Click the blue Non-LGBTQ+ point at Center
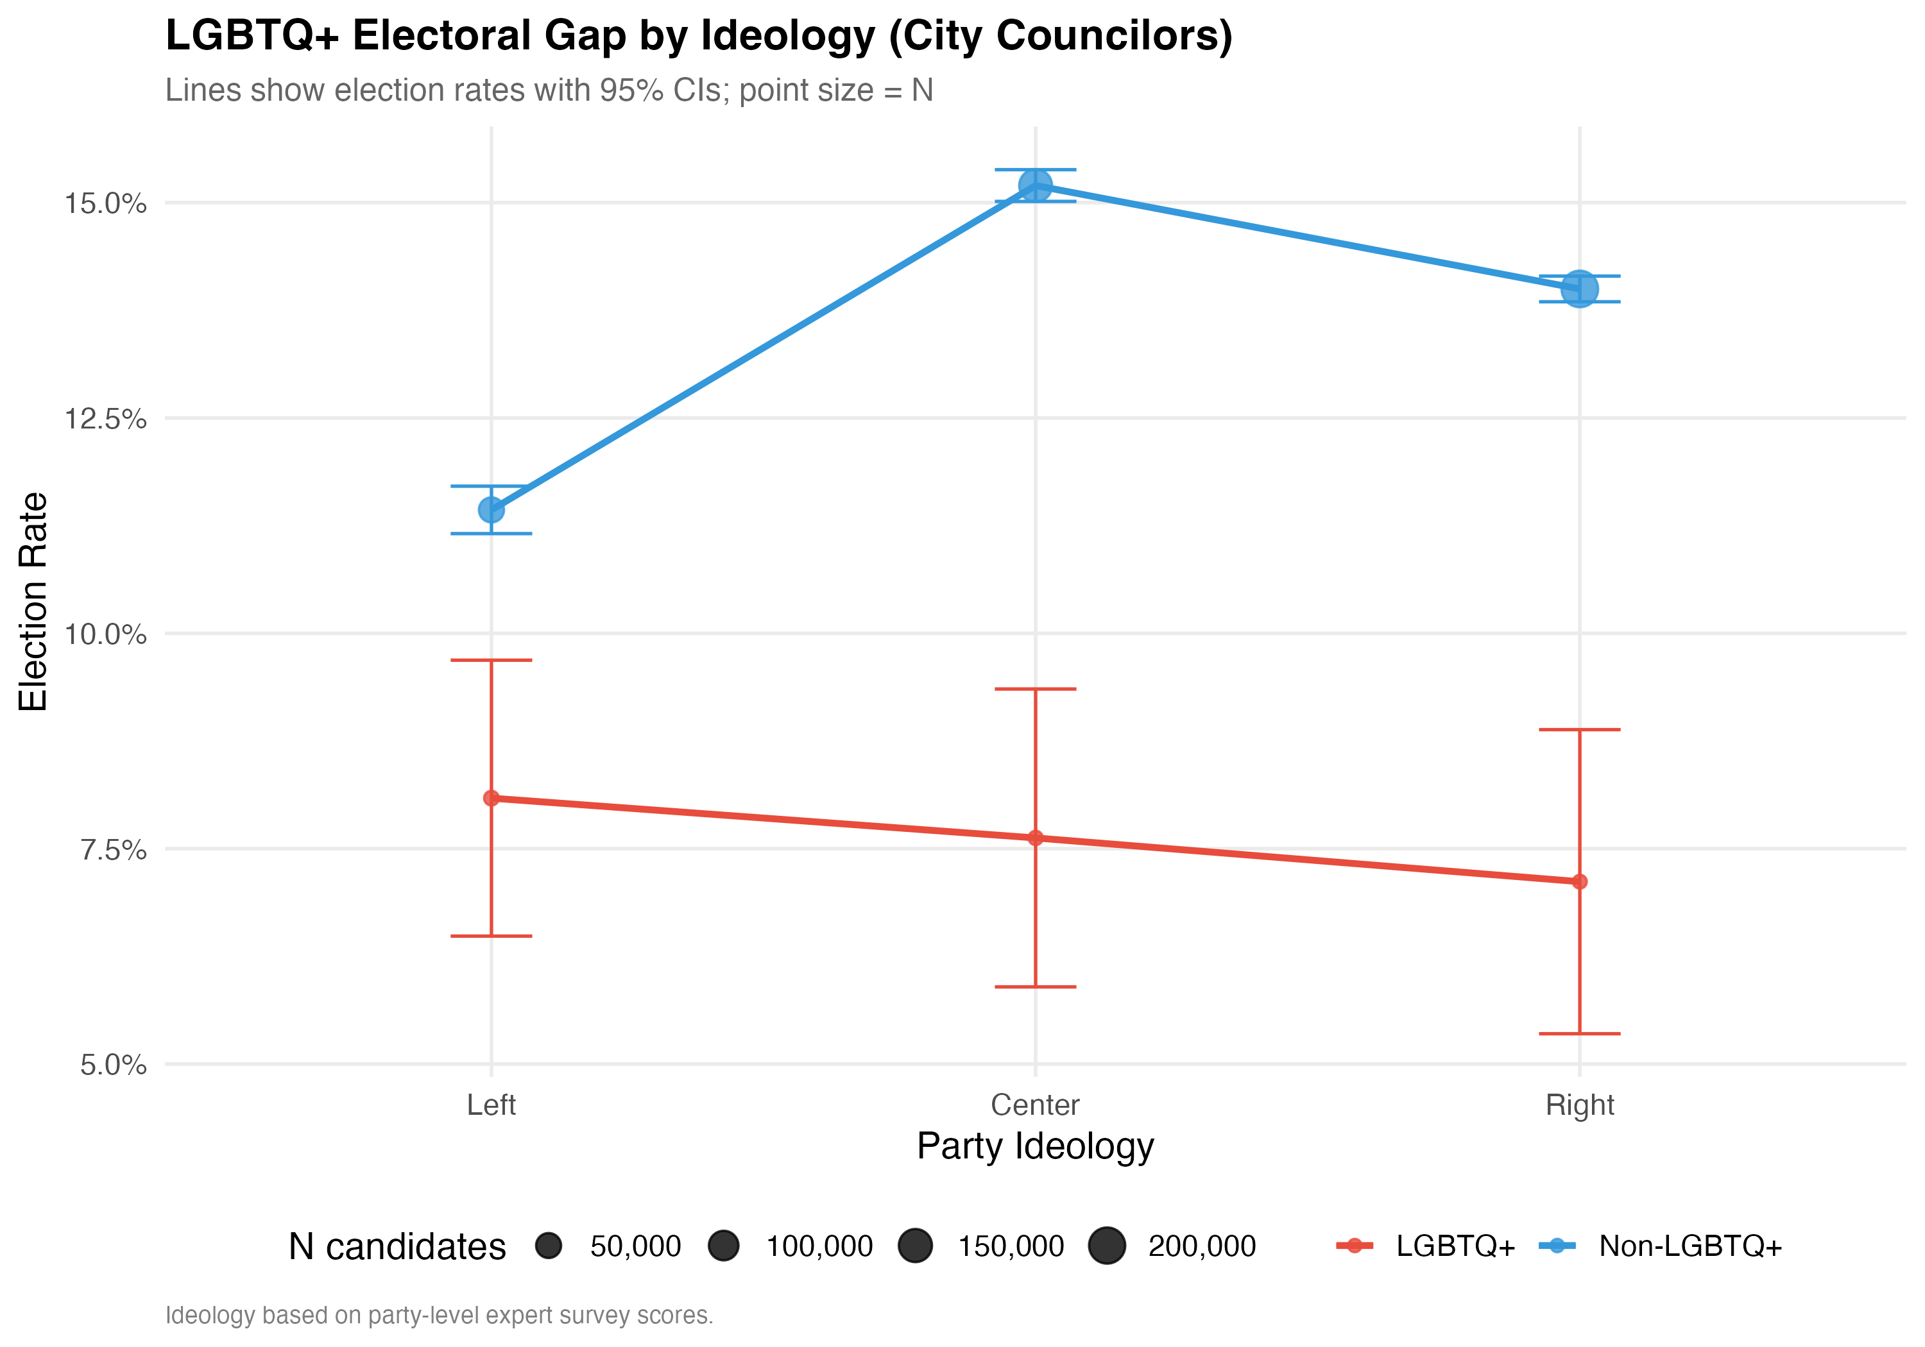point(1036,185)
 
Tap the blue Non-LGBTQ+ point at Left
point(492,510)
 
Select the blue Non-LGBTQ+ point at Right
point(1580,289)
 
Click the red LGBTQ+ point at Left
point(492,798)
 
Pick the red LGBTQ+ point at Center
point(1036,837)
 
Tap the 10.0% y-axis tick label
point(106,634)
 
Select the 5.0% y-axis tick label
point(113,1065)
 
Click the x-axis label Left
point(492,1105)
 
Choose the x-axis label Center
point(1036,1105)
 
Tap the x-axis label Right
point(1580,1105)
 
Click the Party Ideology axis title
point(1036,1146)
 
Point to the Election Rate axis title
point(33,602)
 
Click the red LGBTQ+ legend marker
point(1354,1246)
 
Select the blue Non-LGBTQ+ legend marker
point(1557,1246)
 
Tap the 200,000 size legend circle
point(1107,1246)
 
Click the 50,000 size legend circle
point(549,1246)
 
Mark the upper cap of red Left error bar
point(492,661)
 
